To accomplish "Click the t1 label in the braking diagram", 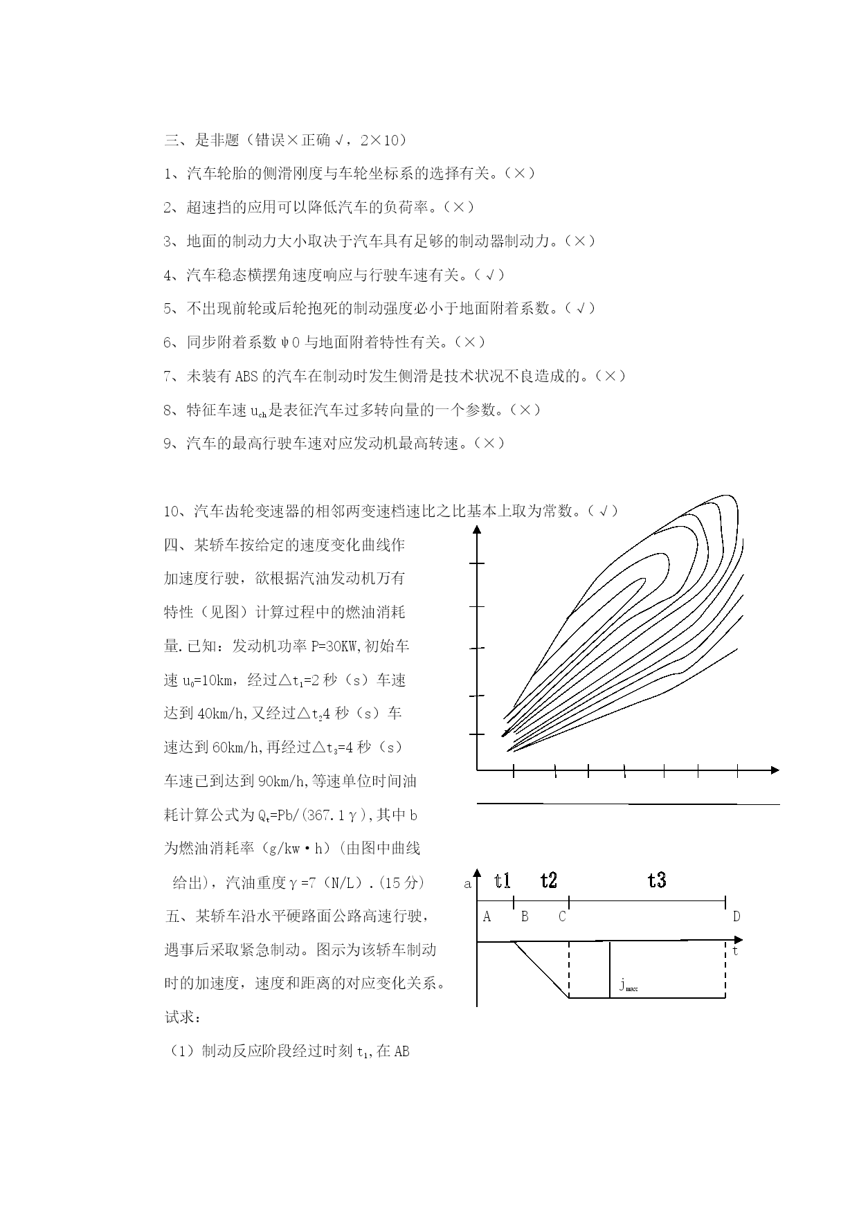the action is [503, 880].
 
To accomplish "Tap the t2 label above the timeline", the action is [549, 880].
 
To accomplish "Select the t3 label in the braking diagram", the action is [657, 880].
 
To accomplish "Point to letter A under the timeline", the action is [487, 917].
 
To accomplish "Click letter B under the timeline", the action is [525, 917].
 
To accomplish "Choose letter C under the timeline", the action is [562, 917].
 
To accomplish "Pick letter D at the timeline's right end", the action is [736, 917].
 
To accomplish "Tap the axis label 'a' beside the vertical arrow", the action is [467, 884].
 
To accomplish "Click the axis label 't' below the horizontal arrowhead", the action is [735, 951].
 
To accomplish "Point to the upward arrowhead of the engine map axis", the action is [477, 529].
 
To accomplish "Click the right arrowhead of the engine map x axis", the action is [775, 770].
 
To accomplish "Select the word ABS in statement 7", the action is [246, 377].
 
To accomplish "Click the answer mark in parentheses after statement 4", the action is [489, 275].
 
